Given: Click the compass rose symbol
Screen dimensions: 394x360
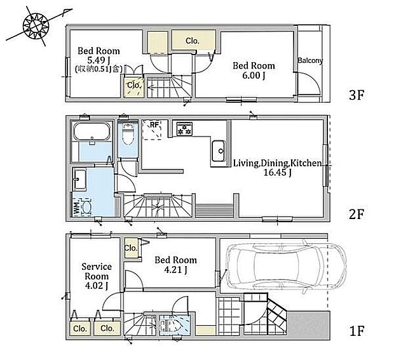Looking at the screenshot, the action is coord(36,26).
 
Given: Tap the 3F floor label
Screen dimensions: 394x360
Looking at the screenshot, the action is coord(357,95).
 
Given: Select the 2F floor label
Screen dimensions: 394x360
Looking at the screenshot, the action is coord(357,214).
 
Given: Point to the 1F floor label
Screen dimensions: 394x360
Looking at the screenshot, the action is coord(357,331).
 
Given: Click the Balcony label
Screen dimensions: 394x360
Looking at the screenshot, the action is coord(310,60).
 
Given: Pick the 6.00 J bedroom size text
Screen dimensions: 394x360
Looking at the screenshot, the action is coord(254,76).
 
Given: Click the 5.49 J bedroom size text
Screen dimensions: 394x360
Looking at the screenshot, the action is coord(98,60).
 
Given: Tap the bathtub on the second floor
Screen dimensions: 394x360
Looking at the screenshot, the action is coord(92,131).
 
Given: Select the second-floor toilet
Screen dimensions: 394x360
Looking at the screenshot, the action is coord(128,135).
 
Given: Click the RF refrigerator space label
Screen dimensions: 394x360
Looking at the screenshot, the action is coord(154,124).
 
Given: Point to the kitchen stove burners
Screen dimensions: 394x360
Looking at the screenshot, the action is coord(184,129).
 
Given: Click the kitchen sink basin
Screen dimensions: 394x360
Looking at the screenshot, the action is coord(219,151).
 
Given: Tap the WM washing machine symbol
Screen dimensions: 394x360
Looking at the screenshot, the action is coord(83,207).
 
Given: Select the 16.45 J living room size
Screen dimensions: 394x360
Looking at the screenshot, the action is coord(277,173).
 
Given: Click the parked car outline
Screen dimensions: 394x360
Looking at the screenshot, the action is coord(287,267).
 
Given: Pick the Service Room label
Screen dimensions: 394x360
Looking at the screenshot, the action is coord(97,271).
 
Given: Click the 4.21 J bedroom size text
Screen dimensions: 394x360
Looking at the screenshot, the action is coord(175,270).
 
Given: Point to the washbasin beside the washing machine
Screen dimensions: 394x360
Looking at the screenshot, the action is coord(80,179).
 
